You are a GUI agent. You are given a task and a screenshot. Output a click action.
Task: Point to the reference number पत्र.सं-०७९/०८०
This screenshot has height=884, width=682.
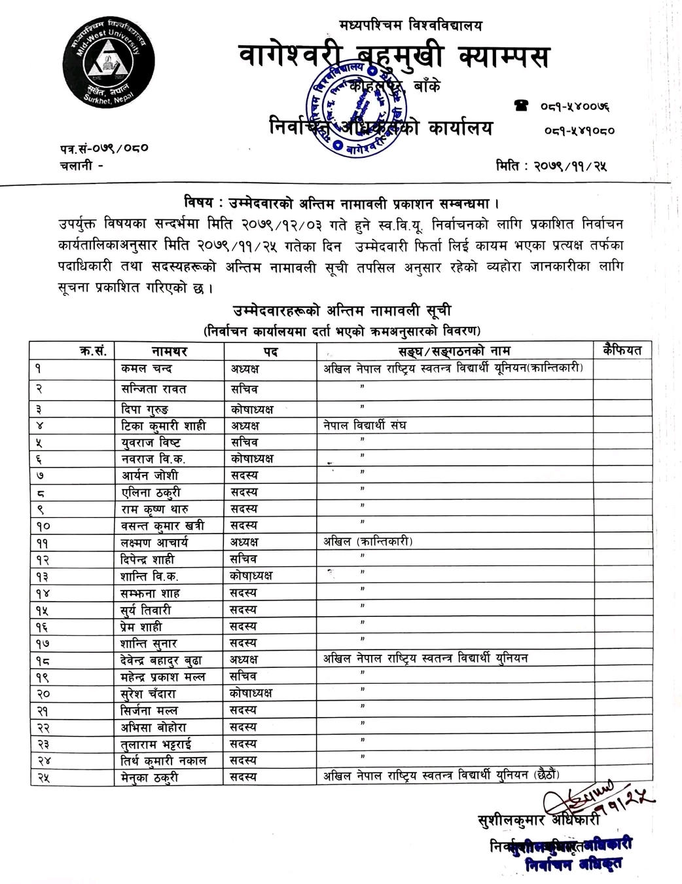click(x=104, y=148)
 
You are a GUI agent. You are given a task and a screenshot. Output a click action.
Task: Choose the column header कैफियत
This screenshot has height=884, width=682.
click(x=623, y=350)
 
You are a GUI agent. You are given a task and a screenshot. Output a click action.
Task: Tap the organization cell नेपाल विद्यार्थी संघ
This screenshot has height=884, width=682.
click(x=365, y=426)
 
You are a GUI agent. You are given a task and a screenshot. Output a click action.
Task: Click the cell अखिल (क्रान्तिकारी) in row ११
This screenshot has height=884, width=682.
click(x=368, y=542)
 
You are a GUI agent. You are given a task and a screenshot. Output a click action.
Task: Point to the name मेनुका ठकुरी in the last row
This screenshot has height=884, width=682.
click(x=150, y=777)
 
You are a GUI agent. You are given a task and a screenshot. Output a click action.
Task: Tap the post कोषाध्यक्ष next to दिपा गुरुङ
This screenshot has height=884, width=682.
click(x=252, y=409)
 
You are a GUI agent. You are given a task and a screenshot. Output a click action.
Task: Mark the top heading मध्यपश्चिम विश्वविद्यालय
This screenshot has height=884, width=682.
click(x=410, y=26)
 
